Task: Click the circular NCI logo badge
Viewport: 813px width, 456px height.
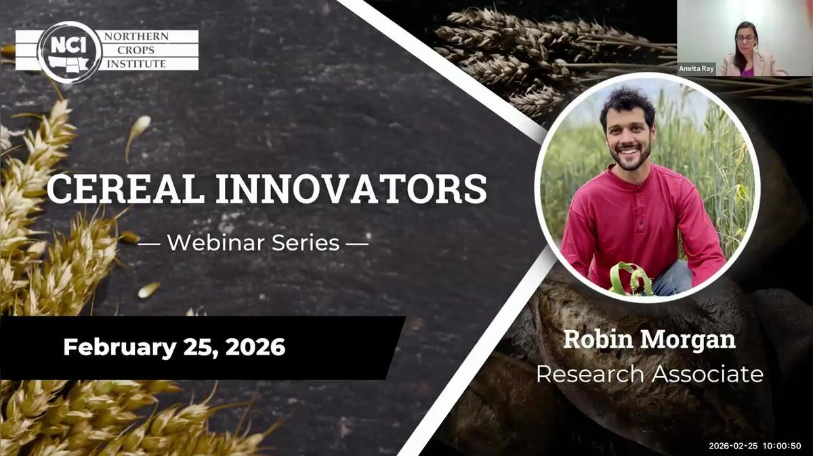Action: click(x=69, y=51)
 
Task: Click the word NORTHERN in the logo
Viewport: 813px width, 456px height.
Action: click(x=135, y=37)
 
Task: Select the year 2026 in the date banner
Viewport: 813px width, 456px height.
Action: click(x=255, y=348)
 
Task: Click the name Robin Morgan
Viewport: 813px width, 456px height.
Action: click(x=649, y=339)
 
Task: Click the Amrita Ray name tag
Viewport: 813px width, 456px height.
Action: click(x=696, y=68)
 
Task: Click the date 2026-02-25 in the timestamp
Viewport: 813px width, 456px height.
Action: click(x=734, y=446)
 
